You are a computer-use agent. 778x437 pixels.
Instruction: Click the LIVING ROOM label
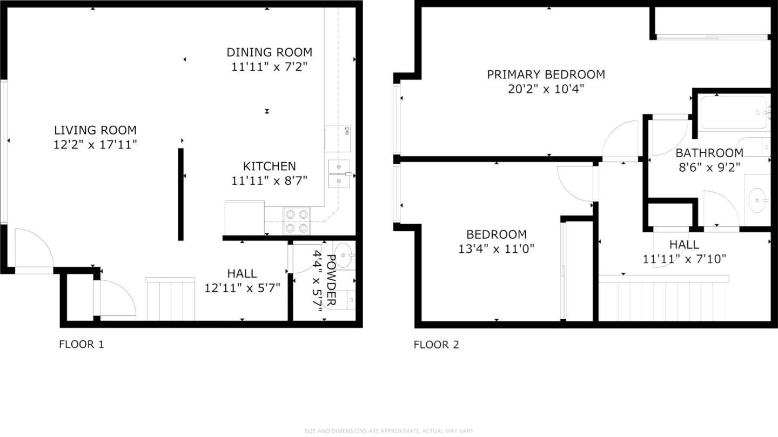(95, 130)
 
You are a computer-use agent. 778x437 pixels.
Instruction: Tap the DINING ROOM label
(269, 52)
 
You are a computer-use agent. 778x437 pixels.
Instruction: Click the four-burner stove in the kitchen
(297, 221)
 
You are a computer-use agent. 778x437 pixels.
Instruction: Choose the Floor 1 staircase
(170, 299)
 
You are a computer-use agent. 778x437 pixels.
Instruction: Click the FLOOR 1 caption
(81, 344)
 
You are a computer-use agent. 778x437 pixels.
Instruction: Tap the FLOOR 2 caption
(436, 345)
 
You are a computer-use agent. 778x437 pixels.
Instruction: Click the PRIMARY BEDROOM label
(546, 75)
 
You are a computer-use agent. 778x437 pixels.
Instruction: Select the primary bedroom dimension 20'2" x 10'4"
(546, 89)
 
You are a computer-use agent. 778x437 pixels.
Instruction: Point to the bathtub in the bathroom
(733, 113)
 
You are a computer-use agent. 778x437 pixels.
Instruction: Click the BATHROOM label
(709, 153)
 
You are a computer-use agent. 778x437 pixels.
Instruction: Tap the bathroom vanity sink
(759, 200)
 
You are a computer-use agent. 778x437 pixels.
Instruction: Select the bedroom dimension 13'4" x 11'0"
(496, 248)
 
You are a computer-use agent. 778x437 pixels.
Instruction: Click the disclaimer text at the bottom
(389, 431)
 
